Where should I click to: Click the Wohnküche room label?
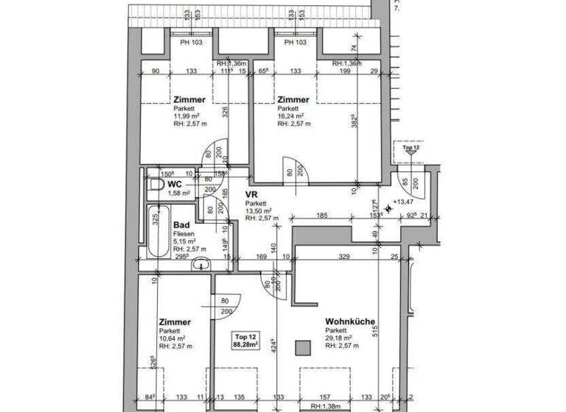click(351, 322)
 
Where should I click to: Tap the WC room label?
click(175, 183)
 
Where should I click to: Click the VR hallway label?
click(251, 194)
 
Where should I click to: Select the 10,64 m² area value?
click(172, 338)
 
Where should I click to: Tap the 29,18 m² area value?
click(339, 338)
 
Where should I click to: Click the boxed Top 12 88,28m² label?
click(246, 340)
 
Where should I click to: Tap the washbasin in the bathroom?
click(200, 266)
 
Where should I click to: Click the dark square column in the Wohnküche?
click(301, 347)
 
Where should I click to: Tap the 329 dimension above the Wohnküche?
click(343, 257)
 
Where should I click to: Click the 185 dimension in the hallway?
click(321, 216)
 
